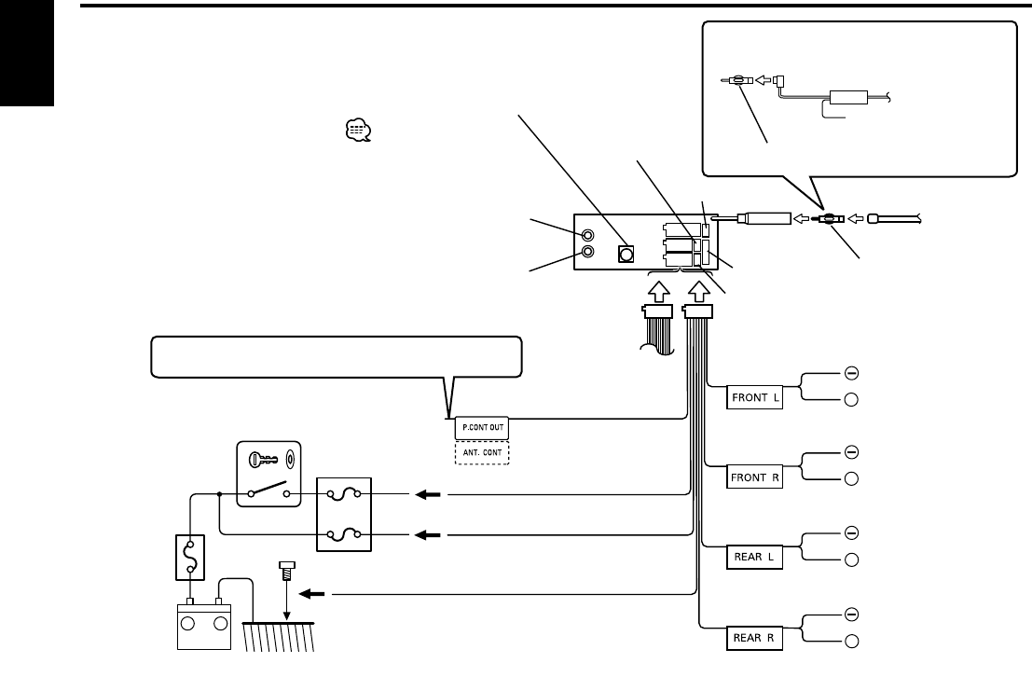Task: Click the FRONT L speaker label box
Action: click(x=754, y=397)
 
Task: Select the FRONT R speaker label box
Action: click(x=754, y=477)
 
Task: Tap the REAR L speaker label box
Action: click(x=754, y=557)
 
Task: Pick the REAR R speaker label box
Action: click(x=754, y=638)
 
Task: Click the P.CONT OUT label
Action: click(x=482, y=427)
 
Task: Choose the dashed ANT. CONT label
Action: click(x=482, y=453)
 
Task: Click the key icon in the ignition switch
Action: click(x=262, y=460)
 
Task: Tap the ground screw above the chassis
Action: click(x=287, y=571)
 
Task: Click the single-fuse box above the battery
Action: click(x=190, y=557)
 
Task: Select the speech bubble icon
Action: click(x=358, y=131)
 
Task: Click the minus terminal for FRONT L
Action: click(x=851, y=373)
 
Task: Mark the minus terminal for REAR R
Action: click(x=851, y=615)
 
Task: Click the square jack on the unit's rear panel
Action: click(x=626, y=254)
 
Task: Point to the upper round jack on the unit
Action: click(x=587, y=235)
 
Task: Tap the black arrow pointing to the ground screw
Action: click(x=312, y=595)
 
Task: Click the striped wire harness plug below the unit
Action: click(x=658, y=329)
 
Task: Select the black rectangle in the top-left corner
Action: click(x=27, y=52)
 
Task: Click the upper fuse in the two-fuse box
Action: click(x=344, y=494)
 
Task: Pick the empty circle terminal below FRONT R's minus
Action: click(x=851, y=478)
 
